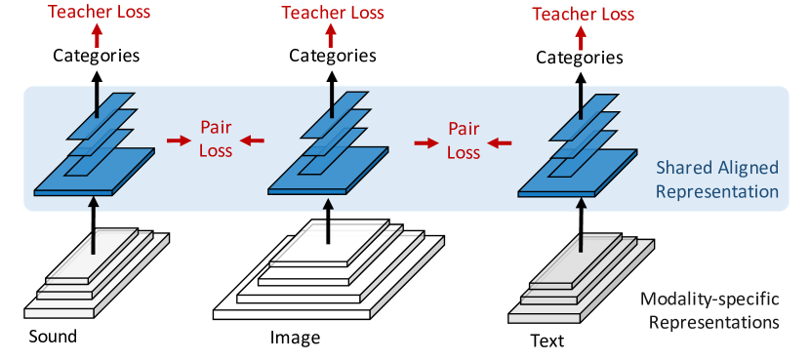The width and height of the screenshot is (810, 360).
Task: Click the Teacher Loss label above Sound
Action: coord(96,12)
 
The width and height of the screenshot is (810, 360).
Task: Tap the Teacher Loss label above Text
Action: coord(583,14)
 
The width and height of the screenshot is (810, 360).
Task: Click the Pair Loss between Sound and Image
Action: coord(215,140)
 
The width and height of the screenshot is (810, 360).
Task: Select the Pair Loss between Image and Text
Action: coord(464,140)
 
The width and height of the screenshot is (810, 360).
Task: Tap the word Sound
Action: coord(53,338)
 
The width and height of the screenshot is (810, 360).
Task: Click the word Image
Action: coord(295,339)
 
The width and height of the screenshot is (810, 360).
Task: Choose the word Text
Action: coord(546,340)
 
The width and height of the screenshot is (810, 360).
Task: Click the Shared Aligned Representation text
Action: coord(717,180)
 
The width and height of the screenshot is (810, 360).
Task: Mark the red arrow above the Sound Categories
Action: coord(96,32)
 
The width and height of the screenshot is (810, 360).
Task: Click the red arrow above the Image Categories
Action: coord(330,32)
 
